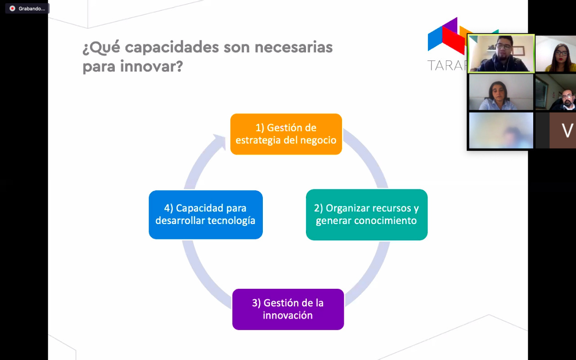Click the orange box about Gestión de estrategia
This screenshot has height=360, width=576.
tap(286, 134)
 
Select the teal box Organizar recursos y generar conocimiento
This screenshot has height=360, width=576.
tap(366, 215)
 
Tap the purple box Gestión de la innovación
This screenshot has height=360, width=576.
tap(288, 309)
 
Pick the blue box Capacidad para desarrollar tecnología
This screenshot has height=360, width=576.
tap(206, 215)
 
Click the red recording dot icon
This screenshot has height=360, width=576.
tap(12, 9)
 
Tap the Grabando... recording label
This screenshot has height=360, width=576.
tap(32, 9)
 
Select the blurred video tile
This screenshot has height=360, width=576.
tap(501, 130)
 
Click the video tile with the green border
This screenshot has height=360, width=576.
tap(501, 54)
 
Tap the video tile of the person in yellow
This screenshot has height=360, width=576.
tap(556, 54)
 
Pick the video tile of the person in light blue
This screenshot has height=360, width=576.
tap(501, 92)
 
